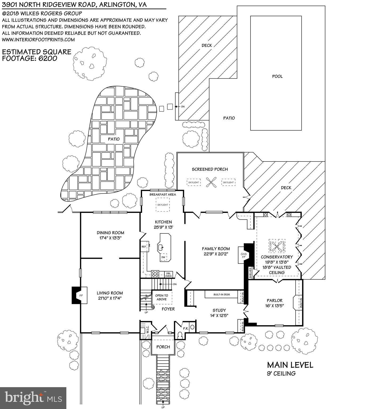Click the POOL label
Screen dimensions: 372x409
277,76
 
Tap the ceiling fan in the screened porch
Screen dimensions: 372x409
210,182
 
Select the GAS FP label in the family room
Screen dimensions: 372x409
244,256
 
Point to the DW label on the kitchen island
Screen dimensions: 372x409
163,257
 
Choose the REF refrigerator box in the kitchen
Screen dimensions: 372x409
144,247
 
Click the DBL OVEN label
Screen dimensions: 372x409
168,274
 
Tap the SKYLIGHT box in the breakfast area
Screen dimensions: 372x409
163,205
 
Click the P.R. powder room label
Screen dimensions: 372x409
186,329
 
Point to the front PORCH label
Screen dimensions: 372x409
163,347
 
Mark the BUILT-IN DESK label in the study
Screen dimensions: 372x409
222,294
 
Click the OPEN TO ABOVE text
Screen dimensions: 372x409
162,297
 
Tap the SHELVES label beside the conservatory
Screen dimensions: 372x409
250,273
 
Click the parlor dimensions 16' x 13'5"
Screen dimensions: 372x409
274,306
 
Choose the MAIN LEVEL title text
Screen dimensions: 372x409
290,365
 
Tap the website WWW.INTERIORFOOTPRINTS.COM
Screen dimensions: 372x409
38,40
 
